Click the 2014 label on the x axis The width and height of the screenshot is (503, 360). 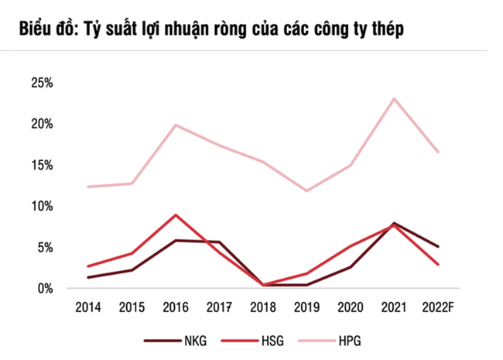coord(88,308)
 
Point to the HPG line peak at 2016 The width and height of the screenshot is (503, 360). coord(176,125)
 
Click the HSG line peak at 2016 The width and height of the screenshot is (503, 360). coord(176,214)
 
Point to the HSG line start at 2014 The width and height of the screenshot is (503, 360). coord(89,266)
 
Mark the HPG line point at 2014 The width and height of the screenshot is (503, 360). coord(89,187)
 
